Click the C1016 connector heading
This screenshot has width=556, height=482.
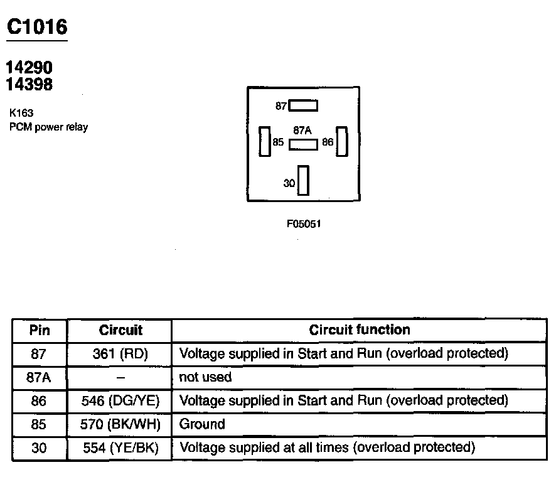[x=36, y=27]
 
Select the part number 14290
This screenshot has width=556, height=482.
[x=29, y=68]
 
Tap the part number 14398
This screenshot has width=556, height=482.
[x=29, y=84]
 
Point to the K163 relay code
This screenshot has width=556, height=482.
[x=21, y=114]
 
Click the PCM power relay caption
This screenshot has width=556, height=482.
[x=48, y=127]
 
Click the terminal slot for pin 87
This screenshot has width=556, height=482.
[x=303, y=106]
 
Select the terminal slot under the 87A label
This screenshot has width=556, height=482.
[x=303, y=144]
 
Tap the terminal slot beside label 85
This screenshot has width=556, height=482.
[x=265, y=141]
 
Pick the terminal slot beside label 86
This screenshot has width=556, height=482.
[x=342, y=141]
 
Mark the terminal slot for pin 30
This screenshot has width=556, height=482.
[x=304, y=181]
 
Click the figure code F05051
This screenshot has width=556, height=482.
[x=304, y=224]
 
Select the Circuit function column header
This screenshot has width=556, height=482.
[x=360, y=330]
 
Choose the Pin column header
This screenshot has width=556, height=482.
[x=39, y=331]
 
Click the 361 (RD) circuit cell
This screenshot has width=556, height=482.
[x=119, y=354]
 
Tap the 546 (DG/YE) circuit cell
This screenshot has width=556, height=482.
[x=119, y=400]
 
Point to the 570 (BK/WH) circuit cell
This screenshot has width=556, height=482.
[x=119, y=425]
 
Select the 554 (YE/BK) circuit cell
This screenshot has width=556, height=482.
[x=119, y=448]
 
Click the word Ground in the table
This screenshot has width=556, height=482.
[x=202, y=425]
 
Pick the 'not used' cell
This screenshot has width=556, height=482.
[x=205, y=377]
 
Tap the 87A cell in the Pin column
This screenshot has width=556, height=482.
[x=39, y=377]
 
